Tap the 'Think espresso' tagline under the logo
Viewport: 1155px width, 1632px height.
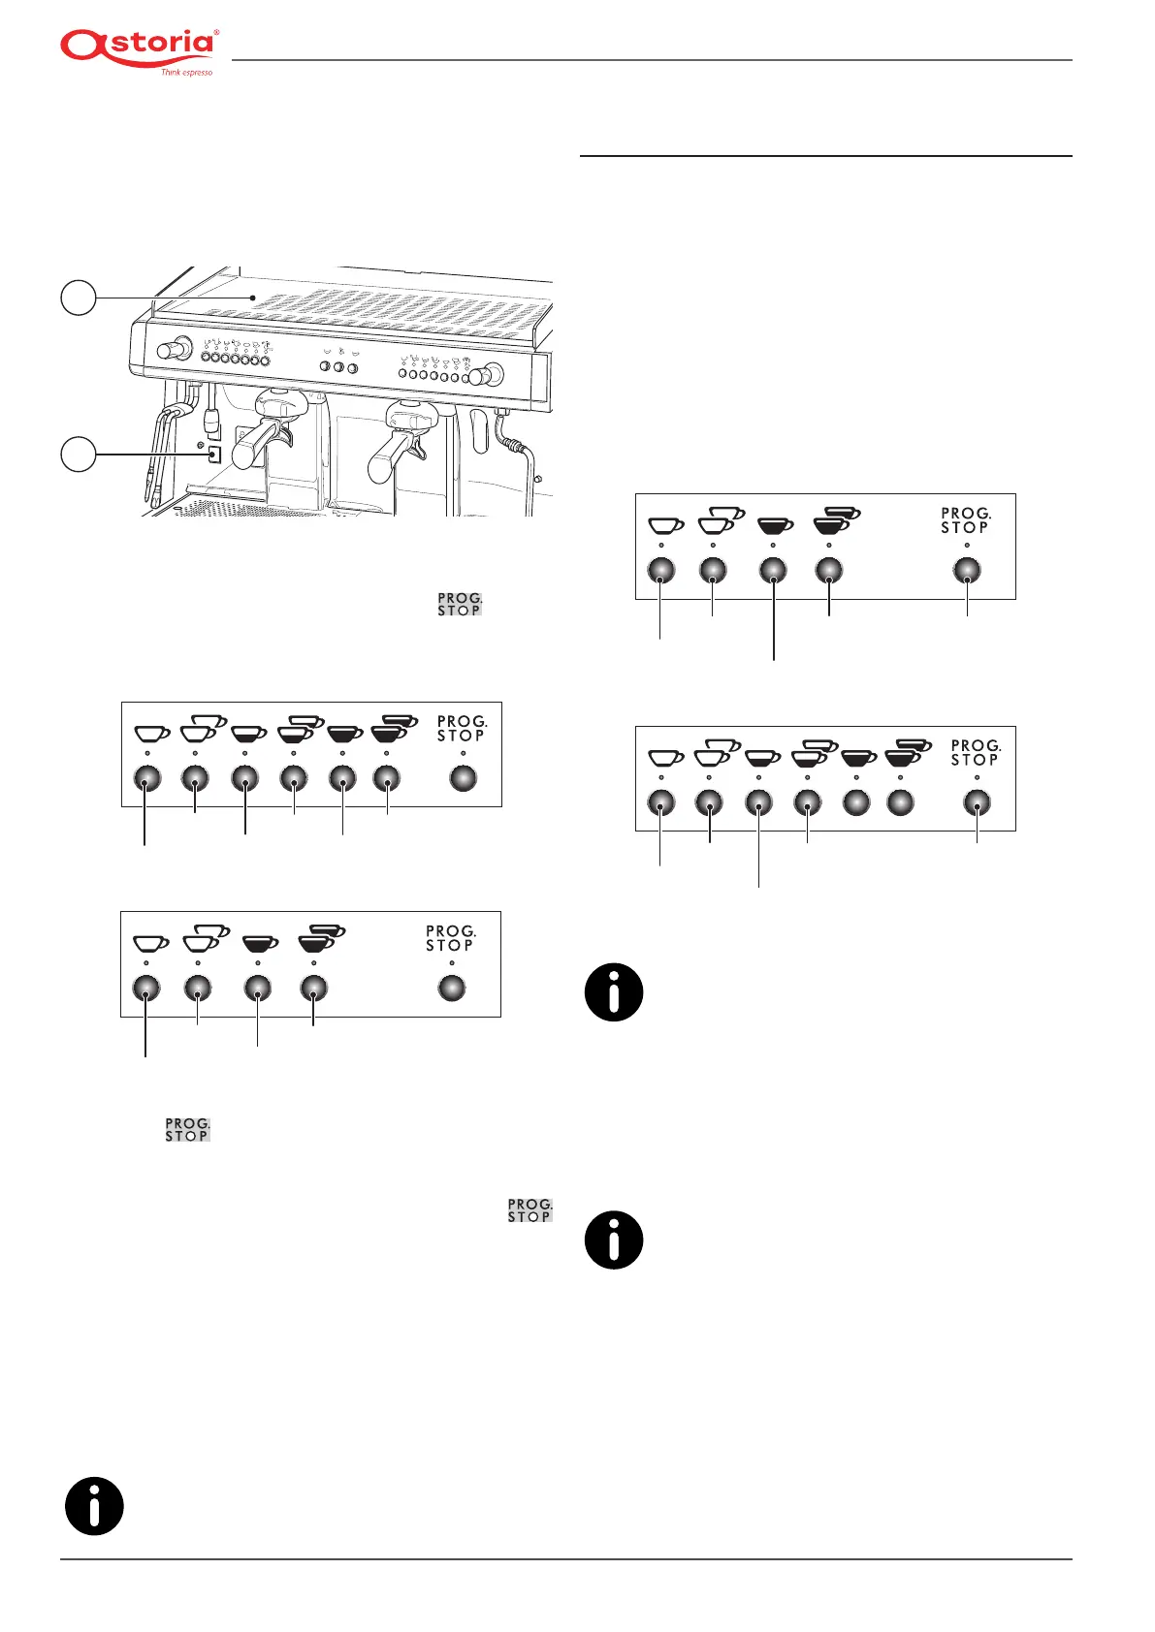coord(186,73)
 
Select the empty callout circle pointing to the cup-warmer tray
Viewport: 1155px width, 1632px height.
coord(79,298)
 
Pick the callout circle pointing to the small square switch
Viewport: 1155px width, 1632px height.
coord(79,454)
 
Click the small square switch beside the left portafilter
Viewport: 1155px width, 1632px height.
coord(214,454)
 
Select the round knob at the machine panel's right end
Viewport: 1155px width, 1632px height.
coord(491,374)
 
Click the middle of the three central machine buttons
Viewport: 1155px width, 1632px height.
coord(339,367)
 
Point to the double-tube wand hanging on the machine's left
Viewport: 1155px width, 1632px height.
coord(160,446)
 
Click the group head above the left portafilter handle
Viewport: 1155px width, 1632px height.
coord(275,400)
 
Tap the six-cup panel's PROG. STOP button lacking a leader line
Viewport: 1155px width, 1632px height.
coord(464,778)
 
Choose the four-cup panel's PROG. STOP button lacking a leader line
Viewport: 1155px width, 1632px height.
coord(452,988)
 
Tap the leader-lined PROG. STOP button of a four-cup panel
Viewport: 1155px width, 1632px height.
coord(968,570)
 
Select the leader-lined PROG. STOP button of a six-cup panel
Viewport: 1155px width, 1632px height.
coord(978,802)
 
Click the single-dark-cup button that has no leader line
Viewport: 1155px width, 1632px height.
coord(856,802)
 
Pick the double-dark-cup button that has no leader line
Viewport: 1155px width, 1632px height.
coord(901,802)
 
